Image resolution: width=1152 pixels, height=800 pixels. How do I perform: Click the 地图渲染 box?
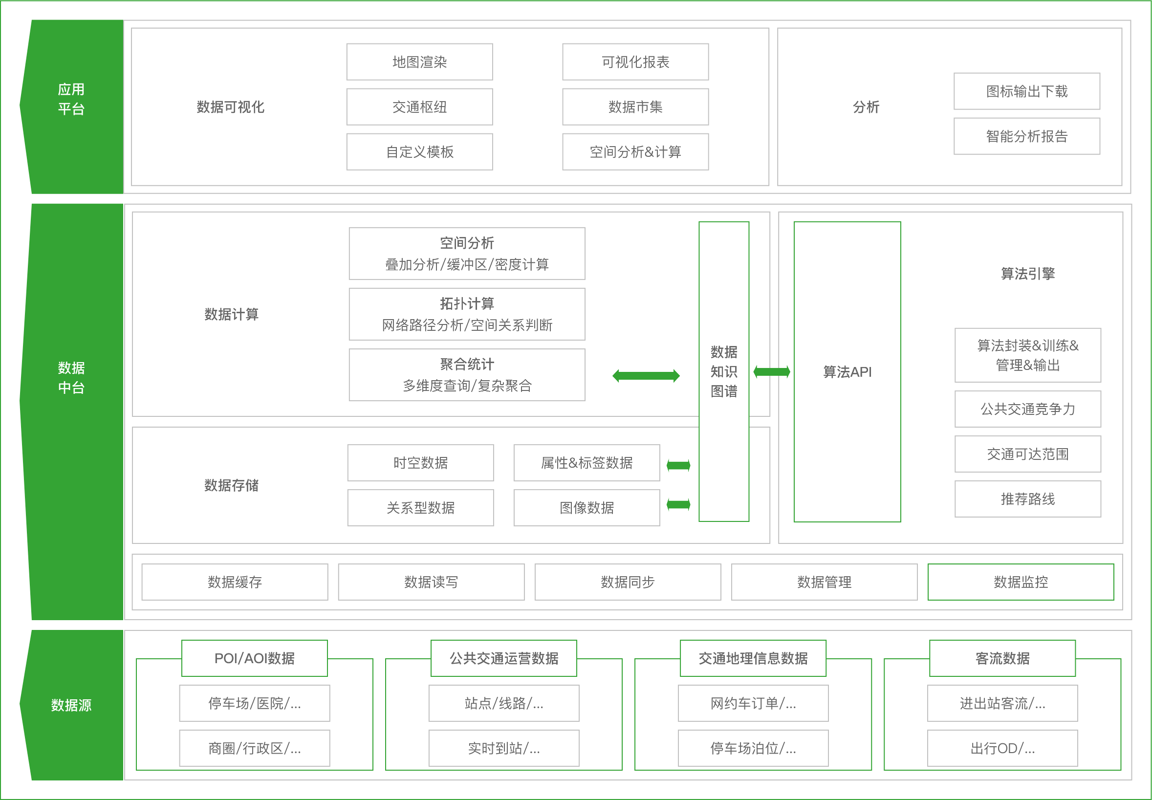tap(419, 62)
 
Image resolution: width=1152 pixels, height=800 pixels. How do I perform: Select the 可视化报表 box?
tap(635, 62)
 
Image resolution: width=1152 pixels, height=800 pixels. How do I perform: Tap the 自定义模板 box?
tap(419, 152)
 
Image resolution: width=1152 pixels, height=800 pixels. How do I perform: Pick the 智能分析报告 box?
tap(1026, 136)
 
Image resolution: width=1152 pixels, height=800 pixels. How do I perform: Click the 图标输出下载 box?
tap(1026, 91)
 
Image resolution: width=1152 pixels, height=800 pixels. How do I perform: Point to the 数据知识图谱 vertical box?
tap(723, 371)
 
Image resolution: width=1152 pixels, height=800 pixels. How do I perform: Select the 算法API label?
tap(847, 372)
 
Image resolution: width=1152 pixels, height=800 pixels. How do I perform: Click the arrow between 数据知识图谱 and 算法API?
tap(772, 371)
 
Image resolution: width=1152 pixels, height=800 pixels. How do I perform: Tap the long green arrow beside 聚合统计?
tap(646, 375)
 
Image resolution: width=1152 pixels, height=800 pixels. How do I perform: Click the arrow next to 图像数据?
tap(678, 504)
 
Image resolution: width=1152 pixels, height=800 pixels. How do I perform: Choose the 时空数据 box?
tap(420, 463)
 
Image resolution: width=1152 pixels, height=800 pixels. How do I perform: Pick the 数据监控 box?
tap(1020, 582)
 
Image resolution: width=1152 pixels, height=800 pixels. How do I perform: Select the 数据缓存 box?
tap(235, 582)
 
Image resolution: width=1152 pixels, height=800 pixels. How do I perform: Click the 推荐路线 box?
tap(1027, 499)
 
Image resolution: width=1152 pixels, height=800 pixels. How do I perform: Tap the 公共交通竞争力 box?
tap(1027, 409)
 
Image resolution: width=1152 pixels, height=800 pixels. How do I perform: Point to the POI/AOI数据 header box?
tap(254, 658)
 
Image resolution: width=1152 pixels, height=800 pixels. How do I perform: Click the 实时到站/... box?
tap(503, 748)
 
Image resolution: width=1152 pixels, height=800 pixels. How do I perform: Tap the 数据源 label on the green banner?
tap(71, 705)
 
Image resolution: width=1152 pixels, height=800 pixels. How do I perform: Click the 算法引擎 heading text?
tap(1027, 274)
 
